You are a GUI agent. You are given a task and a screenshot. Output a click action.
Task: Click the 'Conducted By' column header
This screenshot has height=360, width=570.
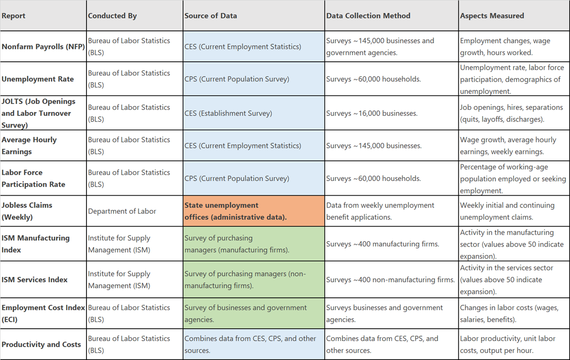[x=113, y=16]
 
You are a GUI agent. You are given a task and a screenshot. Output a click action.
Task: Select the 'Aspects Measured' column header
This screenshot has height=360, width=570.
[x=492, y=16]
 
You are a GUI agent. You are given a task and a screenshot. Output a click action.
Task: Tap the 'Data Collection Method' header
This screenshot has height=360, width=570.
[x=368, y=16]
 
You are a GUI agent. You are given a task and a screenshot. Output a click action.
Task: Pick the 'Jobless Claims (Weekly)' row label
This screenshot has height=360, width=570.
[x=27, y=211]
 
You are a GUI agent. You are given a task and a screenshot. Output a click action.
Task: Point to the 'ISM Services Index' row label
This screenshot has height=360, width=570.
[x=35, y=280]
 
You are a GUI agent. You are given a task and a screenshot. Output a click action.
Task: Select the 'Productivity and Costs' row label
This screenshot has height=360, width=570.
[x=41, y=344]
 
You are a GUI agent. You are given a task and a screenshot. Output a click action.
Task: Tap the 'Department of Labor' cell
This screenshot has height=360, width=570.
[x=122, y=211]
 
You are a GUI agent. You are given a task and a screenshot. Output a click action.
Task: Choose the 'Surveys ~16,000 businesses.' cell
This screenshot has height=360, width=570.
[x=372, y=113]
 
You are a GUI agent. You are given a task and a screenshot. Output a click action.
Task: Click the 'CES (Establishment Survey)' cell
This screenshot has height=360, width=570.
[x=228, y=113]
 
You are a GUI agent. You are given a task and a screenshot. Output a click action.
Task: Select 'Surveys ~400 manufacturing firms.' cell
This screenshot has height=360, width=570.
[x=383, y=244]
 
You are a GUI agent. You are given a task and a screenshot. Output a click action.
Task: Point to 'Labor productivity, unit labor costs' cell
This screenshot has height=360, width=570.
[x=507, y=344]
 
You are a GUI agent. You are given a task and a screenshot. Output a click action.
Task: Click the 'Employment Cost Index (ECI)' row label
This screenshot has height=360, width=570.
[x=43, y=313]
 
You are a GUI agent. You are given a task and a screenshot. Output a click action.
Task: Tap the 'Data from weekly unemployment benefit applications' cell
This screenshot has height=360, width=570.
[x=380, y=211]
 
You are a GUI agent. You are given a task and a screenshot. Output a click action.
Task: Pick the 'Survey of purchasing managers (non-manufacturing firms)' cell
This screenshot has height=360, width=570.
[x=245, y=280]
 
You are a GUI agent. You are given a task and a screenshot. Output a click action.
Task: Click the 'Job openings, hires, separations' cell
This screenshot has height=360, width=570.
[x=511, y=113]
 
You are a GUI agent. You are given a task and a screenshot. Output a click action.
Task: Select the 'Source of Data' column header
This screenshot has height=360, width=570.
[x=210, y=16]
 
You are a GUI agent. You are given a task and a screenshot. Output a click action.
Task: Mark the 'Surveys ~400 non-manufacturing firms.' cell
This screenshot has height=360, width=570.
[x=390, y=280]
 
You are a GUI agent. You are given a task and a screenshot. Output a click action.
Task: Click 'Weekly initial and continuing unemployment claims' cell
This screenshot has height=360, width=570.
[x=507, y=211]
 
